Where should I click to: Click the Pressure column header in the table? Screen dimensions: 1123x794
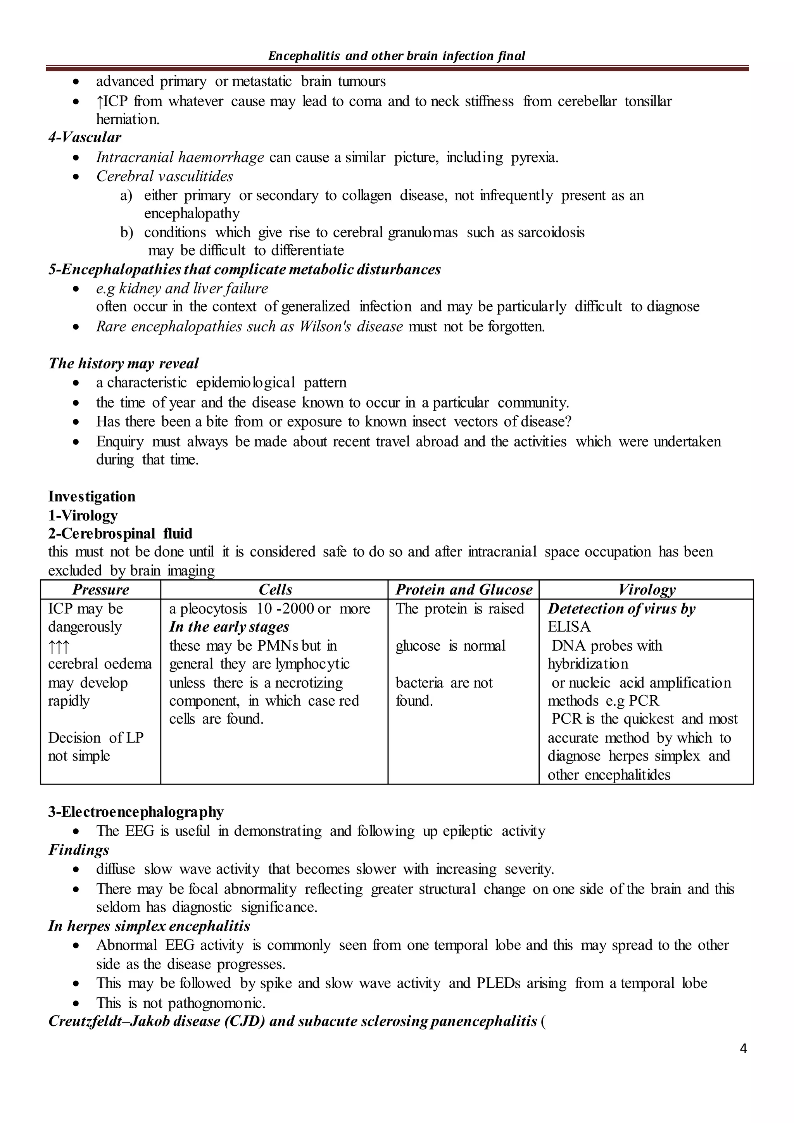(x=100, y=589)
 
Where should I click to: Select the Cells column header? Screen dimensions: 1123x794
(x=275, y=589)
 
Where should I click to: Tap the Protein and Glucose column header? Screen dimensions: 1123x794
(x=464, y=589)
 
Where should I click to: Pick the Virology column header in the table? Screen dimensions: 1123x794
(x=646, y=589)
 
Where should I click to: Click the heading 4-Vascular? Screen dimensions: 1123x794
(x=85, y=137)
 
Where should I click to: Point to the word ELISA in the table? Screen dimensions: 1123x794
(x=569, y=627)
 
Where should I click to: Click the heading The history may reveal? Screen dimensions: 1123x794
(x=123, y=363)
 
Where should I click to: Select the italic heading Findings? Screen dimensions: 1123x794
(x=78, y=850)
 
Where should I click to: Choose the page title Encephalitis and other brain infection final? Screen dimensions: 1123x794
(x=397, y=56)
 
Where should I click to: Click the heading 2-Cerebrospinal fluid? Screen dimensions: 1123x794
(x=120, y=533)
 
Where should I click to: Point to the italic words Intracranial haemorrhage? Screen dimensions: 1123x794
(x=180, y=157)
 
